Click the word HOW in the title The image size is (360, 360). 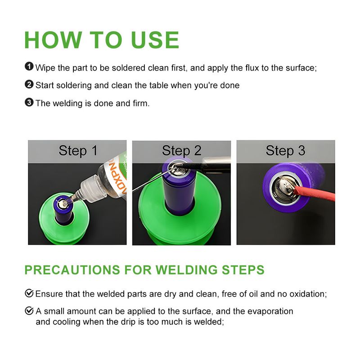tap(53, 40)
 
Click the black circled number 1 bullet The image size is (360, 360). tap(29, 67)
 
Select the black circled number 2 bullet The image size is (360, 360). tap(29, 84)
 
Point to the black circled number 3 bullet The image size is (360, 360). tap(29, 102)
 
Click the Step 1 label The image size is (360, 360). tap(78, 151)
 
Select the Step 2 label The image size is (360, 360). tap(182, 151)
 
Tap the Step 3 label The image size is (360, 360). tap(285, 151)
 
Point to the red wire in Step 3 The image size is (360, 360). tap(315, 194)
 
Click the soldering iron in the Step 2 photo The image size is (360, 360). tap(207, 165)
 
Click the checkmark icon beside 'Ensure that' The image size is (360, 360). tap(29, 293)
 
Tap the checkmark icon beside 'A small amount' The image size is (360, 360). tap(29, 310)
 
